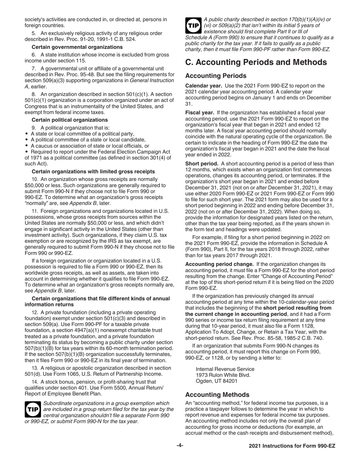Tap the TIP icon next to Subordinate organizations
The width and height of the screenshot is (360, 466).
pos(33,410)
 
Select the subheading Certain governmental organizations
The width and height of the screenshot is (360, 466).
pos(77,47)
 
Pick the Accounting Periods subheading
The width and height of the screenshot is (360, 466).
pos(216,76)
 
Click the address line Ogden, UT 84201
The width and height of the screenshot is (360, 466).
pos(216,381)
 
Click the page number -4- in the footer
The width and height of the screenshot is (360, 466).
pos(180,446)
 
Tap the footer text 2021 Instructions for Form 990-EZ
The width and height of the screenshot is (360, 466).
pos(292,446)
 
